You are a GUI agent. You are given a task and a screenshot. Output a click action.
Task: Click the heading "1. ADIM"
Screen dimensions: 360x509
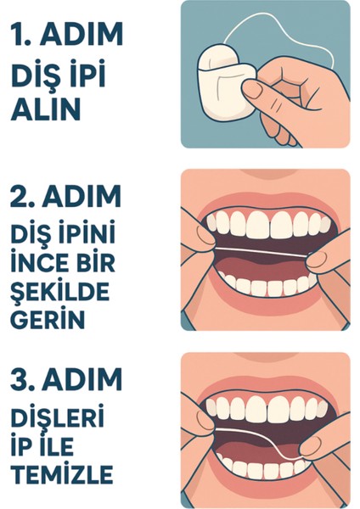(x=67, y=34)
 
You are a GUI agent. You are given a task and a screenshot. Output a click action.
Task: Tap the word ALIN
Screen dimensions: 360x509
(x=46, y=109)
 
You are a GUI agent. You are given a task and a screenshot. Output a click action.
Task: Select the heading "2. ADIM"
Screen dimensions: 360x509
(x=66, y=196)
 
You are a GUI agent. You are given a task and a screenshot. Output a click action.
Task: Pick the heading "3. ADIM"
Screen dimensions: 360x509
(x=66, y=379)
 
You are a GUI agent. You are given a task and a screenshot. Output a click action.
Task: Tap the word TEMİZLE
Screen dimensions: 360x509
(x=62, y=473)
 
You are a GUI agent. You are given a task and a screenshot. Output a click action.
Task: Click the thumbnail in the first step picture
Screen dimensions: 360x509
(x=252, y=89)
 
